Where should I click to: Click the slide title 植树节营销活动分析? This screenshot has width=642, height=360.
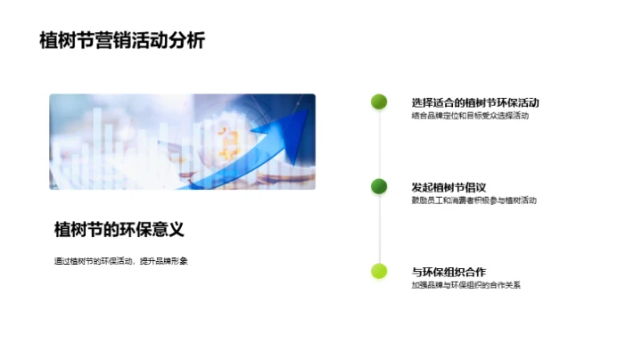122,41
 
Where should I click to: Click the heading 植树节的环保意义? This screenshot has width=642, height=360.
119,229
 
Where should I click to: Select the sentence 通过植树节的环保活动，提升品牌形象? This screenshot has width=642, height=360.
121,260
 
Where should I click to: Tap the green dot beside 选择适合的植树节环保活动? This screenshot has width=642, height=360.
379,102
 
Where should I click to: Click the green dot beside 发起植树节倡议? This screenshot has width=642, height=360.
379,186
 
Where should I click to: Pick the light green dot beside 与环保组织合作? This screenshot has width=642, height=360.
379,271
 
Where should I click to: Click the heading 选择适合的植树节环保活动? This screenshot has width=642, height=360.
475,102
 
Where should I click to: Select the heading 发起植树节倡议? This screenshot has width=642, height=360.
448,187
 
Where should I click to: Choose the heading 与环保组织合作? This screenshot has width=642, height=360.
449,272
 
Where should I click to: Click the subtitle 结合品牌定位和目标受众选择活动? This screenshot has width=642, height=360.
470,116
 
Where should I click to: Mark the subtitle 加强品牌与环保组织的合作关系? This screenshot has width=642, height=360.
465,285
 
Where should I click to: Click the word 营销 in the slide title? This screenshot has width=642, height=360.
122,41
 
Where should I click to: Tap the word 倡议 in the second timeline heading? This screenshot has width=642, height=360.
473,187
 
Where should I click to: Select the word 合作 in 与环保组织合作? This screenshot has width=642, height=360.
473,272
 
